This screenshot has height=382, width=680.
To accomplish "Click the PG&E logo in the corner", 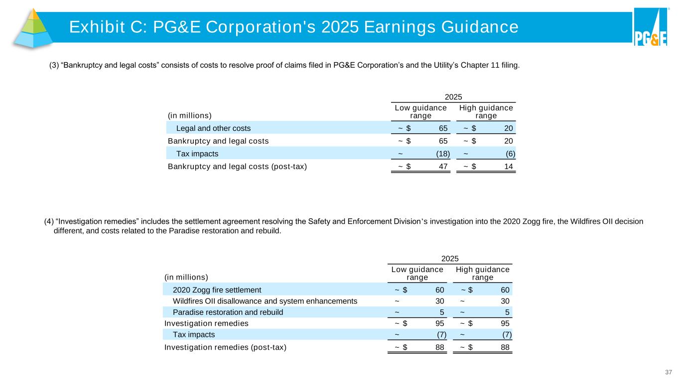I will (650, 28).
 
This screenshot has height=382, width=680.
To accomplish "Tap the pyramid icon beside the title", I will (33, 28).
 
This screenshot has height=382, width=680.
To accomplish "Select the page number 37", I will (669, 372).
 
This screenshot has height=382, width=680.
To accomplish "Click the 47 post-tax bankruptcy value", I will (442, 166).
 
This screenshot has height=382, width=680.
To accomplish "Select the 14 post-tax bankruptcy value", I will (509, 166).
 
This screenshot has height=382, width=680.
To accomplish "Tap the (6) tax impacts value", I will (510, 154).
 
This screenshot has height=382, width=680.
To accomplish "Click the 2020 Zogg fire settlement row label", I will (217, 289).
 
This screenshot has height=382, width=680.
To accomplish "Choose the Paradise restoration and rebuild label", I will (228, 312).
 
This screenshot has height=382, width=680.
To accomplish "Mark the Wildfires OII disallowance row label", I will (265, 301).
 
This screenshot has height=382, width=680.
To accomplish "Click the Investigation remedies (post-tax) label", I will (225, 347).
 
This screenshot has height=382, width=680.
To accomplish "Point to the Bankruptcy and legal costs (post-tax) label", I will (237, 166).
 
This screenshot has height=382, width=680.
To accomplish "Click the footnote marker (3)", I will (54, 65).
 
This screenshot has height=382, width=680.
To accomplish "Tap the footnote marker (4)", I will (49, 221).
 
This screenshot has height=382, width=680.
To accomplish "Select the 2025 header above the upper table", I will (453, 96).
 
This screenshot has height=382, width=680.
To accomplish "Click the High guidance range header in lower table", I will (483, 274).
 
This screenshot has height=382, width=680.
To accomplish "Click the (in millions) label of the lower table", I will (186, 277).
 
